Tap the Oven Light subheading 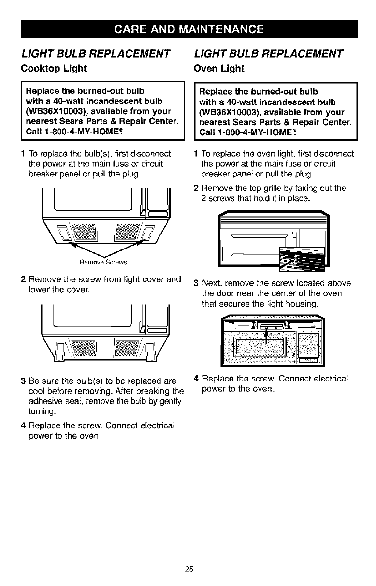(x=219, y=69)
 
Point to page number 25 (x=188, y=569)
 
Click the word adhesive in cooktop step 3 (x=44, y=400)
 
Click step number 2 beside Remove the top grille (x=196, y=189)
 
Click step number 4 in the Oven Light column (x=196, y=378)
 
